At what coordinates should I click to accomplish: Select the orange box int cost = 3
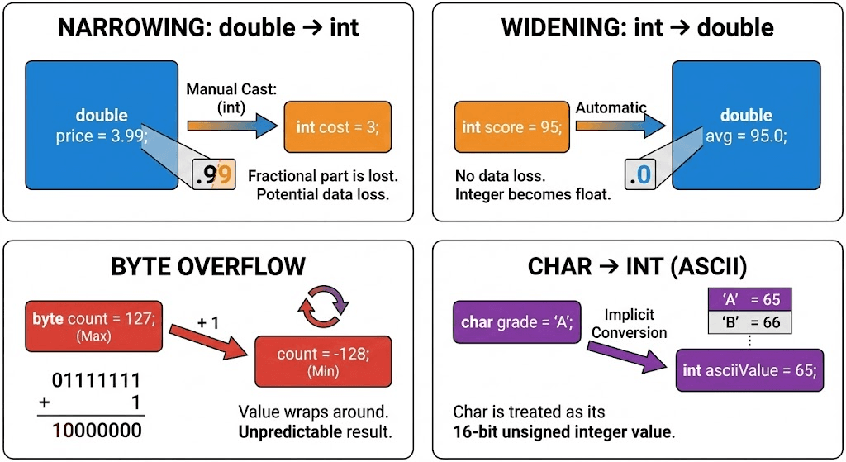[x=338, y=127]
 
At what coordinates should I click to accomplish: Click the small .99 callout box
[x=214, y=174]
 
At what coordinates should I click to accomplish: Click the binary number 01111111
[x=96, y=381]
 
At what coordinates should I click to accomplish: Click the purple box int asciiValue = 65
[x=749, y=370]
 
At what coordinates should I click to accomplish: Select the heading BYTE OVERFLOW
[x=208, y=266]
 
